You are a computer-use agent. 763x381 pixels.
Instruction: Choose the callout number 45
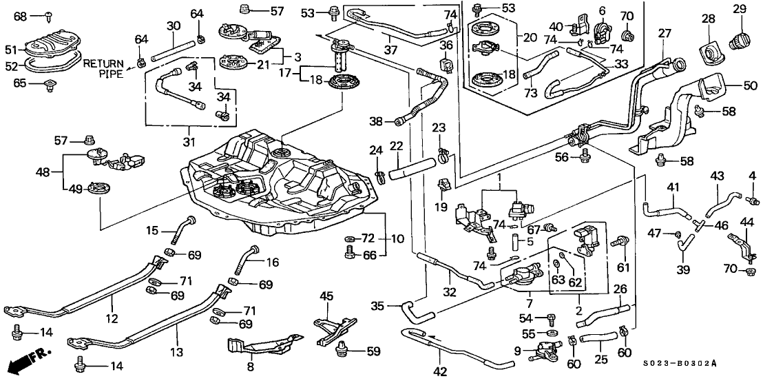326,297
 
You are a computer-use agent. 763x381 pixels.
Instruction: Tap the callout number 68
19,15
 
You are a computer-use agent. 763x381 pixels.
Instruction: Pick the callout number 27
663,32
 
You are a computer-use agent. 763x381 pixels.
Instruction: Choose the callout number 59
373,351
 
